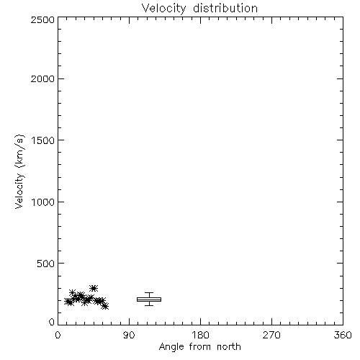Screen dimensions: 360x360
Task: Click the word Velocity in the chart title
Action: (x=163, y=9)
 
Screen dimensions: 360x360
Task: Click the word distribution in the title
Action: (x=225, y=8)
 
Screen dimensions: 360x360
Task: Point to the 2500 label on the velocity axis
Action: (x=42, y=19)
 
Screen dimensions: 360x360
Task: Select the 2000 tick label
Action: (x=42, y=78)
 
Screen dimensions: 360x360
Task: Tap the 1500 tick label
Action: (x=43, y=140)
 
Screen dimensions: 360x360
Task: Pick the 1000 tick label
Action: (x=43, y=202)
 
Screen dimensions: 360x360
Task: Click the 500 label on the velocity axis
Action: (x=46, y=264)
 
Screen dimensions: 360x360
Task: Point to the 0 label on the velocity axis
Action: (x=52, y=322)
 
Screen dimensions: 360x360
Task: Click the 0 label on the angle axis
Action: (x=58, y=335)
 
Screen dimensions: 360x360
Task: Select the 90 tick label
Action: (x=129, y=335)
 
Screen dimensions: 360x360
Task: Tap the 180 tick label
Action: (x=200, y=335)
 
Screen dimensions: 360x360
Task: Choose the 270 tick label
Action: (x=271, y=335)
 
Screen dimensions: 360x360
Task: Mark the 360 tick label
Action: (x=343, y=335)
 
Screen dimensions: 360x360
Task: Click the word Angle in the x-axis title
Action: (x=171, y=347)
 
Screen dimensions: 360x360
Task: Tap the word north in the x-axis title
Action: (x=229, y=347)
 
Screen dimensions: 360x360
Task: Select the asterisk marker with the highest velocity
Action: (x=94, y=288)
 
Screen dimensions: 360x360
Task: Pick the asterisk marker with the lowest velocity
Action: (x=105, y=306)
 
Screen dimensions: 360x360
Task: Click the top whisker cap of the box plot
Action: (x=149, y=293)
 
